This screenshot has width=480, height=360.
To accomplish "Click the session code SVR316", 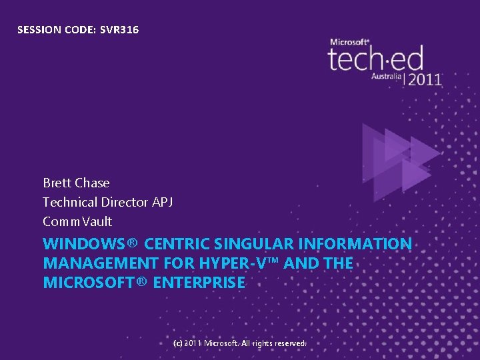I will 119,29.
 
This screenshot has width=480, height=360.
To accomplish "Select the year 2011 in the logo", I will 424,79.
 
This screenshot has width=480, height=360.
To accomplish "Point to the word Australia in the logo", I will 387,77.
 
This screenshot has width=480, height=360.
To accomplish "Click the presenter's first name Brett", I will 57,183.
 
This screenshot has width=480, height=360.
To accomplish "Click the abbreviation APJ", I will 163,202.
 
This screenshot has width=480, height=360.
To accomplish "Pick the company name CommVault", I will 77,221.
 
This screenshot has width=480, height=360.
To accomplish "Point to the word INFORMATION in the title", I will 359,244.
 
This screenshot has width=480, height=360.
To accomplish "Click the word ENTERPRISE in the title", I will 199,283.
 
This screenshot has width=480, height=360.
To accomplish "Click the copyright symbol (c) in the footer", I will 177,343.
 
